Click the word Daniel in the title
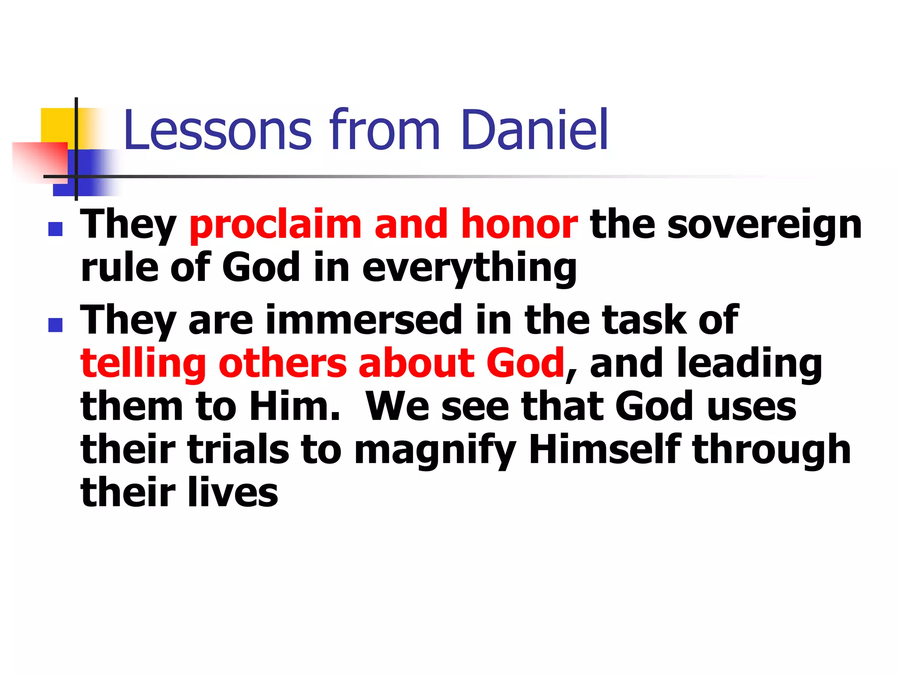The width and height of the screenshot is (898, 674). point(534,130)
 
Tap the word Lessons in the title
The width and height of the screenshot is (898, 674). point(218,130)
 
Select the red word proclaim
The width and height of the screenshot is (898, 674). point(275,226)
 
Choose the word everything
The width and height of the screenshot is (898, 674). point(469,269)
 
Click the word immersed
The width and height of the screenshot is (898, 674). point(363,320)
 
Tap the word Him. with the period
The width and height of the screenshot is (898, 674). point(295,406)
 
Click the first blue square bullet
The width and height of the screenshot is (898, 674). point(56,229)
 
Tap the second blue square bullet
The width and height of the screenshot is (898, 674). point(56,325)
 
